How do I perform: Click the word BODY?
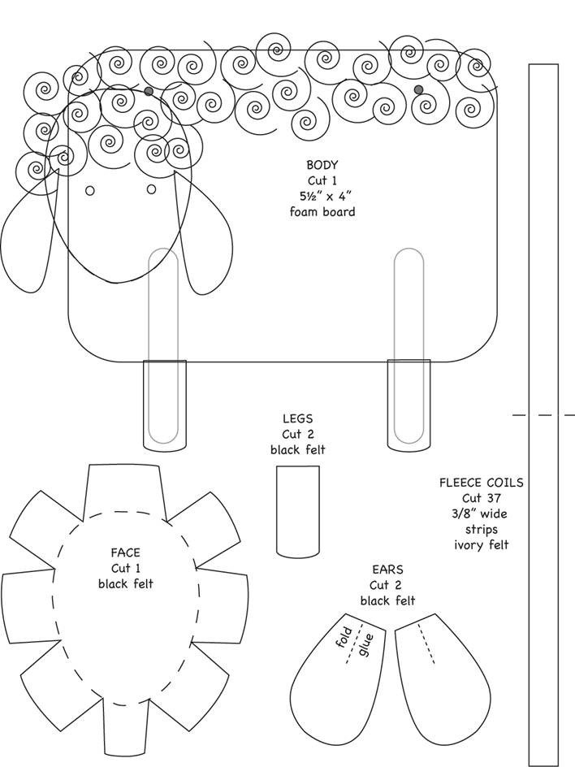click(322, 165)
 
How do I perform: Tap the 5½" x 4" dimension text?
click(325, 196)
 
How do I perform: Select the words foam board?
click(322, 212)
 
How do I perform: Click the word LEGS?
click(297, 418)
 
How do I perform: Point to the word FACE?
click(126, 552)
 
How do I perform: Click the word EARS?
click(387, 570)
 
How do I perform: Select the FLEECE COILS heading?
click(481, 483)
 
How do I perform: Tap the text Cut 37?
click(482, 498)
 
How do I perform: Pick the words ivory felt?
click(482, 545)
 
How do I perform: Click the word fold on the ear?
click(344, 637)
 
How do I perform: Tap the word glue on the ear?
click(365, 644)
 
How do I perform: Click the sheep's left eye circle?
click(90, 191)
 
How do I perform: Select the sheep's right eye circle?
click(152, 188)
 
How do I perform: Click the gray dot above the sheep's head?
click(149, 91)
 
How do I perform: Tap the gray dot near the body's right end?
click(418, 89)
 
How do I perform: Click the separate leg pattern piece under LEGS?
click(298, 511)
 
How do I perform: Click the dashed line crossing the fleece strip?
click(543, 415)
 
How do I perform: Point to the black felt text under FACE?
click(126, 583)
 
